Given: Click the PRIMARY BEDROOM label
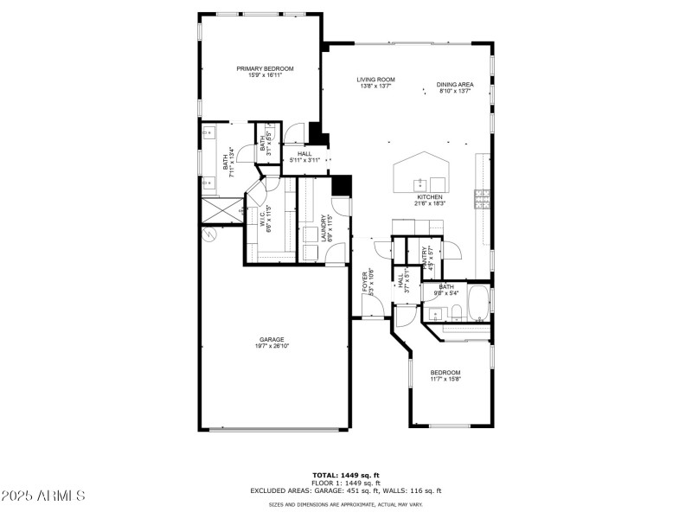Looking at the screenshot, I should [x=266, y=68].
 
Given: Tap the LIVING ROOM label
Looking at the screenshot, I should [x=375, y=80].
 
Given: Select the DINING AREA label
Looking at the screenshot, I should [x=454, y=80].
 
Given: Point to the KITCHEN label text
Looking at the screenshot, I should [x=430, y=197].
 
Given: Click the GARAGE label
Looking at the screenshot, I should [x=272, y=339].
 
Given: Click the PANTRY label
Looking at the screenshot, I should [x=425, y=257].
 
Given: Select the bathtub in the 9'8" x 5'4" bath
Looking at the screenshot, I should [x=477, y=302].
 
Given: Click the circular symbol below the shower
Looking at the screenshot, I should [x=207, y=234].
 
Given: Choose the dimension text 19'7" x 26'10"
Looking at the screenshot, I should [x=272, y=346].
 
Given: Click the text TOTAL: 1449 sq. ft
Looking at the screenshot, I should [x=346, y=475].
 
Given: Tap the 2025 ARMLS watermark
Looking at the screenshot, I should [x=43, y=497].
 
